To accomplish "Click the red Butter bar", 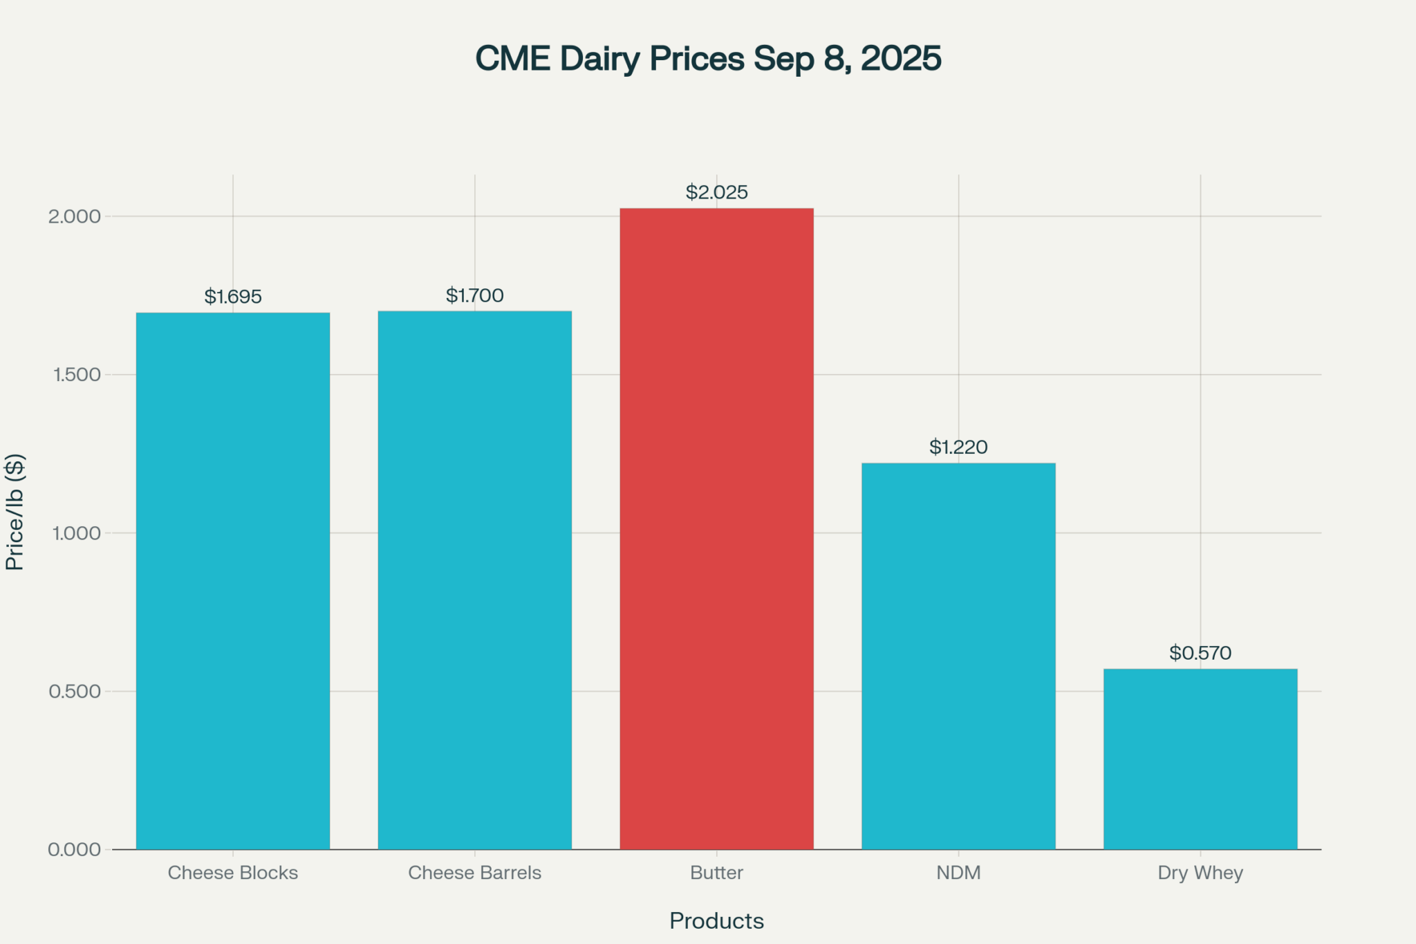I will pos(716,529).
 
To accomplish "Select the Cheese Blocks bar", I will pos(232,581).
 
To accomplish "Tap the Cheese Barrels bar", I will pos(474,580).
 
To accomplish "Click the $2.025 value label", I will pos(716,192).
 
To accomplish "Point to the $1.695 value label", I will pos(232,297).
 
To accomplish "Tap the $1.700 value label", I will pos(474,295).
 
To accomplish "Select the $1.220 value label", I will pos(958,447).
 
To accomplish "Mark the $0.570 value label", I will pos(1200,653).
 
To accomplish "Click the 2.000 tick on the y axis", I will pos(74,216).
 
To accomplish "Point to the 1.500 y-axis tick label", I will pos(76,375).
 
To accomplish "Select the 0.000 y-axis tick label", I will pos(74,850).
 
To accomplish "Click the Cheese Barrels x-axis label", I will pos(474,873).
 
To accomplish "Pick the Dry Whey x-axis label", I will pos(1200,873).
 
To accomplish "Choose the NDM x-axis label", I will pos(958,873).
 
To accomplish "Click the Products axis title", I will pos(716,921).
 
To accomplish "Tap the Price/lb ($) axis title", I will pos(15,512).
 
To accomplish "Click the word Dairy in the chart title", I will pos(599,59).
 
